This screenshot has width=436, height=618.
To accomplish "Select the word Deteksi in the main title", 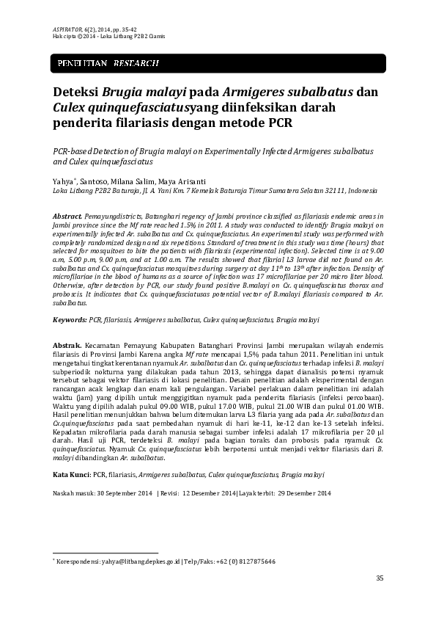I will coord(75,93).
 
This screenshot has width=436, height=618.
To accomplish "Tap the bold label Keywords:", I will coord(70,321).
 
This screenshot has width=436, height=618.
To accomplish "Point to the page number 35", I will coord(380,579).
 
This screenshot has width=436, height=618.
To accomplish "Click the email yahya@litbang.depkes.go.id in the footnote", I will coord(137,561).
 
